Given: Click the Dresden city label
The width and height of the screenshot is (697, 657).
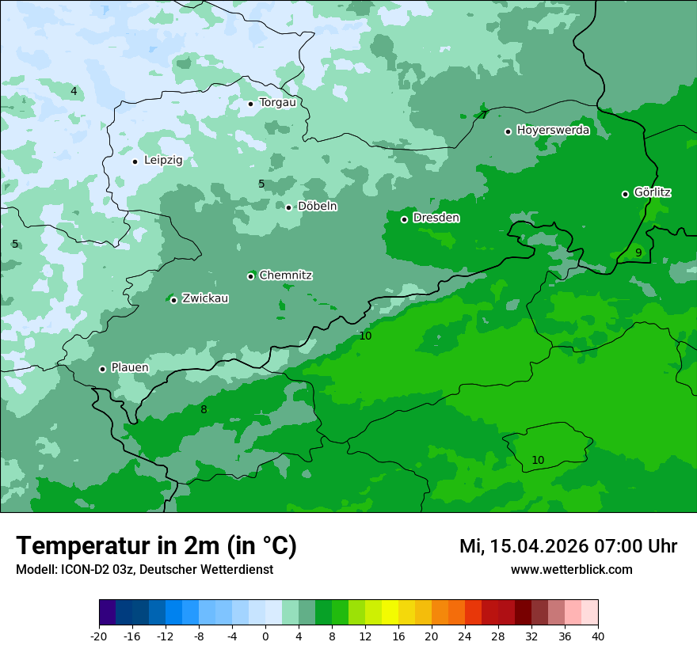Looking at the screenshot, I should pyautogui.click(x=436, y=218).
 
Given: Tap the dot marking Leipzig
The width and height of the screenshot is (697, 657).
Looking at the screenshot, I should pyautogui.click(x=135, y=161).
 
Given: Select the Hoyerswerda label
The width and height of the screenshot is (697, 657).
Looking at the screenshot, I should pyautogui.click(x=553, y=130).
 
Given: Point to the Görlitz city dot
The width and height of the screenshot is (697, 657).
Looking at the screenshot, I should pyautogui.click(x=625, y=194).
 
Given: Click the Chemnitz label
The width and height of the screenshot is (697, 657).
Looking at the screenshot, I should pyautogui.click(x=285, y=275).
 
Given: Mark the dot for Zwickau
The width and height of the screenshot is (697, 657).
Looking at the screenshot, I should pyautogui.click(x=173, y=300).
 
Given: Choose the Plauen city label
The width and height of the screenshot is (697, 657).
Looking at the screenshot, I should pyautogui.click(x=129, y=368).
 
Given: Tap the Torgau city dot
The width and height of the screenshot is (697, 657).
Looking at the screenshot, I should pyautogui.click(x=250, y=104).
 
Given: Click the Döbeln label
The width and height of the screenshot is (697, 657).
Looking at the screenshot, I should pyautogui.click(x=317, y=206).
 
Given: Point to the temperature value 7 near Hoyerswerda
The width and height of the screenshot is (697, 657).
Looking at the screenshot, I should pyautogui.click(x=484, y=115).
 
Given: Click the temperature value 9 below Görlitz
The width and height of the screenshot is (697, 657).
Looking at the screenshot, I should pyautogui.click(x=638, y=253).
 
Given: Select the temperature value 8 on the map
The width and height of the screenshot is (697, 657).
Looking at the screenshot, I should pyautogui.click(x=204, y=409).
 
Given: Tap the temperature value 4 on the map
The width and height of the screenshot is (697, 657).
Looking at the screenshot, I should pyautogui.click(x=74, y=91).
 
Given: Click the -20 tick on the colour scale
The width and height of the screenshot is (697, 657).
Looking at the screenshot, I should pyautogui.click(x=99, y=636).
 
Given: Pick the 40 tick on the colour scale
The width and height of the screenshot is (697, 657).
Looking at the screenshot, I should pyautogui.click(x=598, y=636).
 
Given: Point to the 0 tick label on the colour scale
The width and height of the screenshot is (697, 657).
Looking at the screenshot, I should pyautogui.click(x=265, y=636).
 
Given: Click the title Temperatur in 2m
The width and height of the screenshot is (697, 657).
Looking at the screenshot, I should pyautogui.click(x=156, y=545).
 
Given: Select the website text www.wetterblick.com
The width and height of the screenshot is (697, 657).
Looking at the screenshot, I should pyautogui.click(x=571, y=569).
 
